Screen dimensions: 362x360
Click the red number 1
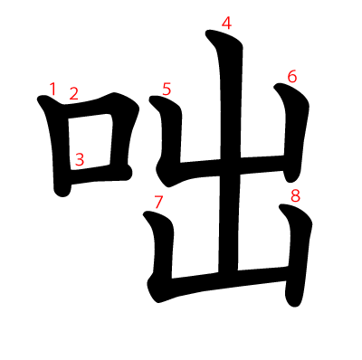pos(52,90)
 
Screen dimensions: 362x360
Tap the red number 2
pos(73,93)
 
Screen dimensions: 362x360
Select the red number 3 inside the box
pos(80,159)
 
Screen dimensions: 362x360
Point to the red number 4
pos(226,23)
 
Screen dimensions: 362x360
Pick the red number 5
pos(167,90)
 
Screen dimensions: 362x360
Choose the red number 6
pos(292,76)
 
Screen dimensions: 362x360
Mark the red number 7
pos(158,202)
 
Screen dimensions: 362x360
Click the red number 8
pos(295,195)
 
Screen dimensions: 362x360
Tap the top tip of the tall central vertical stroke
pos(208,32)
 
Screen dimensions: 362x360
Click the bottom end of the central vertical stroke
pos(228,273)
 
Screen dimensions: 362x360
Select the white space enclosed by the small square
pos(90,142)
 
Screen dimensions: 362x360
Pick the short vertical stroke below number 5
pos(170,136)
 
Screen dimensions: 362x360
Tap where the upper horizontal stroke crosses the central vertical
pos(231,166)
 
